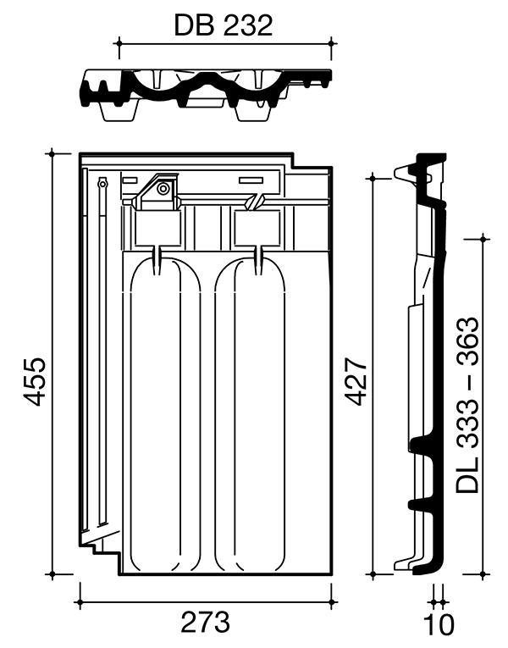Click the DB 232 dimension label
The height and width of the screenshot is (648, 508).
click(223, 25)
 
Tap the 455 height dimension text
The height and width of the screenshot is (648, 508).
click(34, 382)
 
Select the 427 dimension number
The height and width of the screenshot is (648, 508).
click(356, 382)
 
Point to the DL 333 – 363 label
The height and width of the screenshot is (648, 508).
click(467, 405)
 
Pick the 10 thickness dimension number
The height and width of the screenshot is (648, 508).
click(439, 624)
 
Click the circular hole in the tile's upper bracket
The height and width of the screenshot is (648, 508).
click(163, 189)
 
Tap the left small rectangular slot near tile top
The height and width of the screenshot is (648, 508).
click(130, 180)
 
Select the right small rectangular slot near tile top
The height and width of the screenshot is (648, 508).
click(251, 180)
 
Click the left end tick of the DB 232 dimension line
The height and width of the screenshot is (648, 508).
click(119, 43)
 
